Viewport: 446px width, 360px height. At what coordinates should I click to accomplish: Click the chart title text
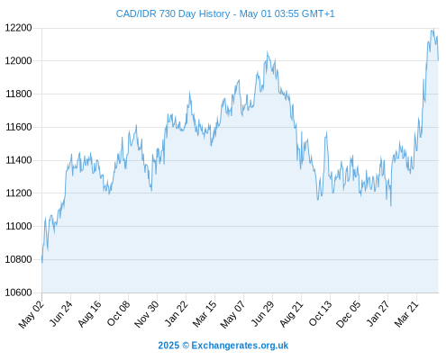pyautogui.click(x=225, y=13)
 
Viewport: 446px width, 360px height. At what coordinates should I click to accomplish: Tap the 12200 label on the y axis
pyautogui.click(x=19, y=28)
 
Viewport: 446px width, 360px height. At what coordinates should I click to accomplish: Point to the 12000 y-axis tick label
pyautogui.click(x=19, y=61)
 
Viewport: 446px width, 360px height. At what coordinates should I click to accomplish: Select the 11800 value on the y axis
pyautogui.click(x=19, y=94)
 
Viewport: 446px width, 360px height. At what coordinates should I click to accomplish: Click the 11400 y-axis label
pyautogui.click(x=19, y=160)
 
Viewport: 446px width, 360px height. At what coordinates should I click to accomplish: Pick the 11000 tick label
pyautogui.click(x=19, y=226)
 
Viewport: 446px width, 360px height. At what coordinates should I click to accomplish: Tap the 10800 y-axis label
pyautogui.click(x=19, y=259)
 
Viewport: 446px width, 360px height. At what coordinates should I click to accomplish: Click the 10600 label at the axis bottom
pyautogui.click(x=19, y=292)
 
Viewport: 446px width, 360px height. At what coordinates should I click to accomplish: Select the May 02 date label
pyautogui.click(x=32, y=314)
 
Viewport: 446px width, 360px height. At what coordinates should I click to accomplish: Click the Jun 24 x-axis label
pyautogui.click(x=61, y=313)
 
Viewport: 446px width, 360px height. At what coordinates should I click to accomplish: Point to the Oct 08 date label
pyautogui.click(x=119, y=313)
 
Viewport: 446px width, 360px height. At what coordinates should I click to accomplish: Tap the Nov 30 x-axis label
pyautogui.click(x=147, y=314)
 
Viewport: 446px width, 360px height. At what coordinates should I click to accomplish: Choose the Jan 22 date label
pyautogui.click(x=177, y=313)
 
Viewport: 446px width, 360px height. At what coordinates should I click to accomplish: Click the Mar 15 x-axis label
pyautogui.click(x=205, y=314)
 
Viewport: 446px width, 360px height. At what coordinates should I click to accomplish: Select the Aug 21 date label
pyautogui.click(x=291, y=314)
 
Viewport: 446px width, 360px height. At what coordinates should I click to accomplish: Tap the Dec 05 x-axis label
pyautogui.click(x=349, y=314)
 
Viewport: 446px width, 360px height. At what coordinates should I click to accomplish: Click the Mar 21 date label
pyautogui.click(x=406, y=314)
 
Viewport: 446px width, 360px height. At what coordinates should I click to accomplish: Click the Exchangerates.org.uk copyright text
pyautogui.click(x=223, y=346)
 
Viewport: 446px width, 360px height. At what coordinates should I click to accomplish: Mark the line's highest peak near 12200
pyautogui.click(x=433, y=29)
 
